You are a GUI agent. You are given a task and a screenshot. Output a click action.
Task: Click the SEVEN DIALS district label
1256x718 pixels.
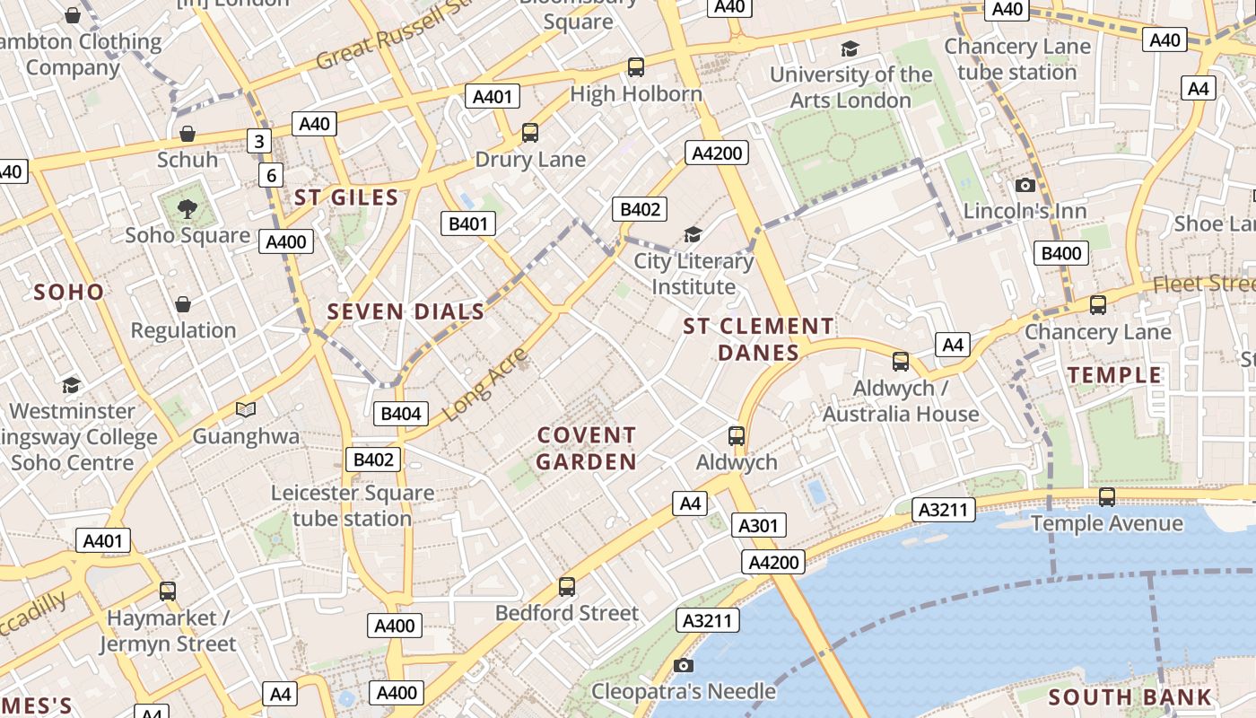[x=406, y=312]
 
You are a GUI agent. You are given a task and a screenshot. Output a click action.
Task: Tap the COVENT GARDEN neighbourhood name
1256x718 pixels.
[x=587, y=449]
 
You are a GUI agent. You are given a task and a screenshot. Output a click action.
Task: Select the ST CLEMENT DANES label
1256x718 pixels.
[x=758, y=339]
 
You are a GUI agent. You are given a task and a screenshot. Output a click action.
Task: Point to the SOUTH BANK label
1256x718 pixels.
[x=1130, y=696]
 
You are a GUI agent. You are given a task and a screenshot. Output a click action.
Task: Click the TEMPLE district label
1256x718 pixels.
[x=1114, y=375]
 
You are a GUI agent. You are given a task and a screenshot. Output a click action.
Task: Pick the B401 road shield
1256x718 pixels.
[x=467, y=223]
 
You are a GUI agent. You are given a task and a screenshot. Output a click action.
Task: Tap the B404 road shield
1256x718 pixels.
[x=400, y=414]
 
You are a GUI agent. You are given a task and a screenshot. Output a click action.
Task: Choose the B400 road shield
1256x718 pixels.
[x=1060, y=253]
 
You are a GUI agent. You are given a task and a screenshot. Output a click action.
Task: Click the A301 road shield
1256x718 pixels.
[x=758, y=525]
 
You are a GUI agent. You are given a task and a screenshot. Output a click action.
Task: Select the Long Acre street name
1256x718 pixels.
[x=484, y=383]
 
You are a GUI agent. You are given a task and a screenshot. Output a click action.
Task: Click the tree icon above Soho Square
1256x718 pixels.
[x=188, y=209]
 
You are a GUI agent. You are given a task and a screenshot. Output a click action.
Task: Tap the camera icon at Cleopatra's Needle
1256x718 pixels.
[x=684, y=665]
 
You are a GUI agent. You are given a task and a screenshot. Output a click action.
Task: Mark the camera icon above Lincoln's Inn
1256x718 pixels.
[x=1025, y=185]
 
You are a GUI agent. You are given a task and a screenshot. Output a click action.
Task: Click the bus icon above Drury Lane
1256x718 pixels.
[x=530, y=133]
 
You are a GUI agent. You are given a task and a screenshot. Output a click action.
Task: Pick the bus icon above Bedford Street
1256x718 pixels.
[x=566, y=587]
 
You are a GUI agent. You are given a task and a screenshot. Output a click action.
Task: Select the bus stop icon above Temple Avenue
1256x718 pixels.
[x=1107, y=496]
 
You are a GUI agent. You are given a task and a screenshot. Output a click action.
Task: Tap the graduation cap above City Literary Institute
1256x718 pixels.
[x=693, y=234]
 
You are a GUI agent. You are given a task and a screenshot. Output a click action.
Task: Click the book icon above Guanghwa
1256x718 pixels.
[x=246, y=409]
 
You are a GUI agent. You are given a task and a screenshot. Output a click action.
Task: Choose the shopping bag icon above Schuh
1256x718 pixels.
[x=188, y=134]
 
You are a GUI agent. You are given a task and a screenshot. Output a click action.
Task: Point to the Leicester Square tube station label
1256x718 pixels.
[x=353, y=505]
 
